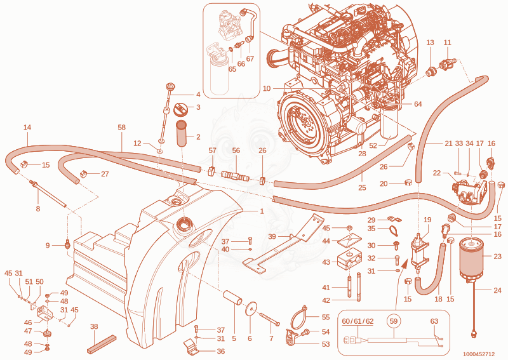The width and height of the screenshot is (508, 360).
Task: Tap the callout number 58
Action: tap(121, 128)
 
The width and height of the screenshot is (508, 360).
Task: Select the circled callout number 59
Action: tap(393, 321)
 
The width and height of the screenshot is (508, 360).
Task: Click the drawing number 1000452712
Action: tap(479, 354)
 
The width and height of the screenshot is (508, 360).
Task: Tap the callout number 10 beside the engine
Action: tap(267, 88)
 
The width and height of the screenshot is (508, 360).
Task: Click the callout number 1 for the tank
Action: tap(262, 211)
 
